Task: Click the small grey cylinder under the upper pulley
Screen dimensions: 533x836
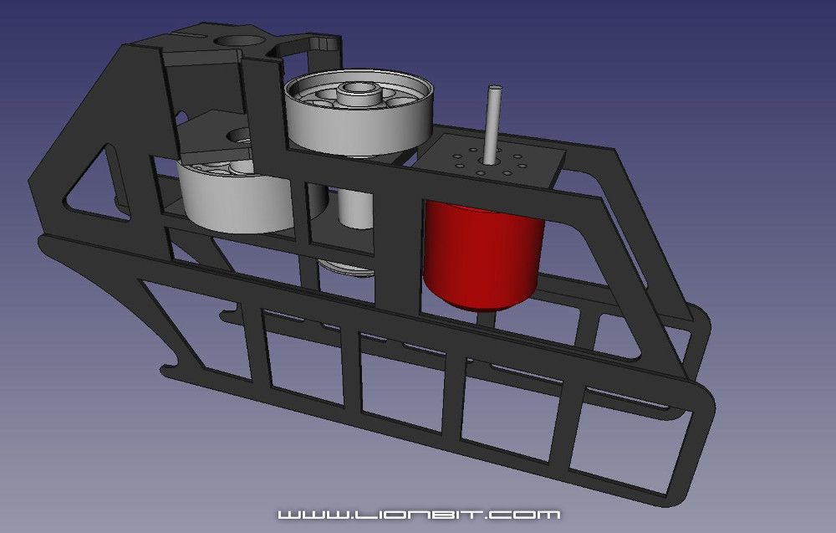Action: pyautogui.click(x=356, y=209)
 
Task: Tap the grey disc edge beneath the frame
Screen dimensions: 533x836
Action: pyautogui.click(x=347, y=269)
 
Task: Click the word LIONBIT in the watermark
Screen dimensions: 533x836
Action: pyautogui.click(x=419, y=513)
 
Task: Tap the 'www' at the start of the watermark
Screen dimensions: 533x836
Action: pyautogui.click(x=306, y=513)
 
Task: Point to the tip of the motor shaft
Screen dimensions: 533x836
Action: pyautogui.click(x=493, y=88)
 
